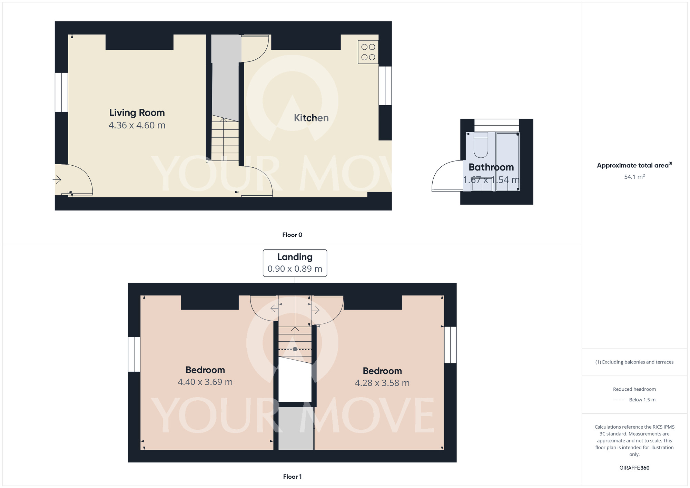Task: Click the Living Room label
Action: (x=137, y=113)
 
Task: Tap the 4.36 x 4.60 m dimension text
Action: (x=137, y=125)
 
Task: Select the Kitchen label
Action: (x=311, y=118)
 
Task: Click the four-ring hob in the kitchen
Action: (x=368, y=52)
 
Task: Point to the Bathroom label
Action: (x=491, y=167)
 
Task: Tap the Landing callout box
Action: (x=295, y=263)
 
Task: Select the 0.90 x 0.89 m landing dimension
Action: (x=295, y=269)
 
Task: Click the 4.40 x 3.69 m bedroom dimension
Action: (x=205, y=382)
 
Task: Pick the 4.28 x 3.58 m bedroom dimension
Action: (x=382, y=383)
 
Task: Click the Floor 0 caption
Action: (x=292, y=235)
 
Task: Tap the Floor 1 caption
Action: (x=292, y=477)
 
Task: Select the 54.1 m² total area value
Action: (x=634, y=177)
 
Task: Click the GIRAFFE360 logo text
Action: (x=634, y=468)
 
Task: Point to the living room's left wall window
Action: (x=61, y=92)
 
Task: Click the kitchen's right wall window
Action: (x=385, y=86)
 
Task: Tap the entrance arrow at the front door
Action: (x=57, y=180)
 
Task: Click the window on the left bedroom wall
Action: (x=134, y=354)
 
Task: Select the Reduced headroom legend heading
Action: (x=634, y=389)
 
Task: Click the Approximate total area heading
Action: (x=634, y=165)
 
